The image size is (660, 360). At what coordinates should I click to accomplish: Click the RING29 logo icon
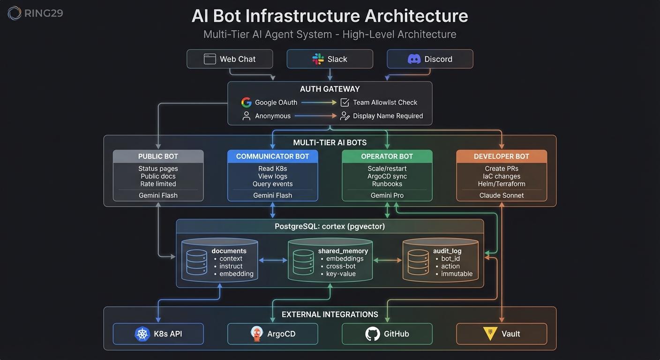(x=15, y=13)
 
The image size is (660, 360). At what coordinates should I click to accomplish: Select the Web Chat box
(x=230, y=59)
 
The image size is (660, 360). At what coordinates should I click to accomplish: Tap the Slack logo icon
(x=318, y=59)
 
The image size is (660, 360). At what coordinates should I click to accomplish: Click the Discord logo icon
(x=414, y=59)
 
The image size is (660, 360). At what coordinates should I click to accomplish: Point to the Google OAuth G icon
(x=246, y=102)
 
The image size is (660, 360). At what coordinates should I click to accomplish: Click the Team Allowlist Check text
(x=385, y=102)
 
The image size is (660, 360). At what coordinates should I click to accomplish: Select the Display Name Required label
(x=388, y=116)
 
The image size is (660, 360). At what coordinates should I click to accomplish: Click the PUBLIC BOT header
(x=158, y=157)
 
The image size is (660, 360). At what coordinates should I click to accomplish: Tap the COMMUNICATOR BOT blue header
(x=272, y=157)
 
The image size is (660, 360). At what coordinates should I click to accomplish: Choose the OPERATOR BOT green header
(x=387, y=157)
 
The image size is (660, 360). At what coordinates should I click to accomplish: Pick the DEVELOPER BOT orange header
(x=501, y=157)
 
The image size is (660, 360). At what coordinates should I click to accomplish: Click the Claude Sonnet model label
(x=501, y=195)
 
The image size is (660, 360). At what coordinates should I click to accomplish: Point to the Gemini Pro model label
(x=387, y=195)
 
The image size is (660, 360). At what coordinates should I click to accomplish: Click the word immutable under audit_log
(x=457, y=274)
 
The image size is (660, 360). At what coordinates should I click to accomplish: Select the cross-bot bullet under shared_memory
(x=341, y=266)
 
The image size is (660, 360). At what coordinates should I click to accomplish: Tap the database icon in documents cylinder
(x=196, y=262)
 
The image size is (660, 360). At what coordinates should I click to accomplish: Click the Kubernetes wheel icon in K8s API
(x=142, y=334)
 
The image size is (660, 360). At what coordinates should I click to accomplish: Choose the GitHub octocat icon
(x=372, y=334)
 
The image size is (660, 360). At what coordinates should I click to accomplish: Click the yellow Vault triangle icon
(x=489, y=333)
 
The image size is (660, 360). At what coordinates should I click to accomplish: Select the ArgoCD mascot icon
(x=256, y=334)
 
